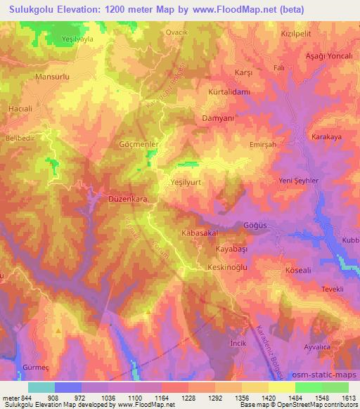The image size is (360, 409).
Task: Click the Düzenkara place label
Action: [127, 200]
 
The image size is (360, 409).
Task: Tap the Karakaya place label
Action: [326, 136]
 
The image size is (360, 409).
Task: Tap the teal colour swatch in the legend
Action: [41, 387]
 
